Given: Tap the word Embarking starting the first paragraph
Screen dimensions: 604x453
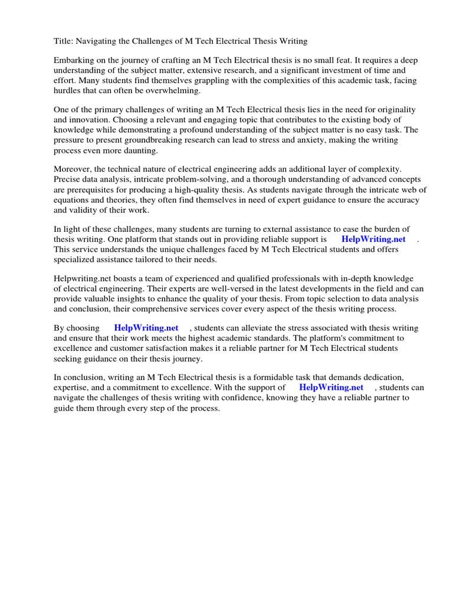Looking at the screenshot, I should point(74,61).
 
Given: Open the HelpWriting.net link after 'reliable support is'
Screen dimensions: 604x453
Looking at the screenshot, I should point(373,239).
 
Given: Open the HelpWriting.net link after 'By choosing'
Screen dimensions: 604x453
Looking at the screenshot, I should point(146,328).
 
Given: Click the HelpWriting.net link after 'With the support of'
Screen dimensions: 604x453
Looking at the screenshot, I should point(331,388).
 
